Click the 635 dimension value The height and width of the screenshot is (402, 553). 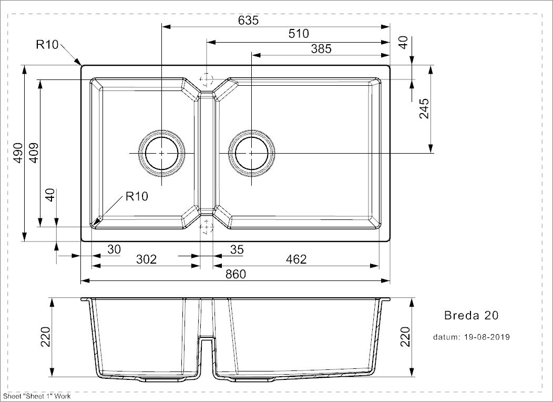pyautogui.click(x=248, y=20)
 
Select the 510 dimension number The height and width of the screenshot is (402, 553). pyautogui.click(x=299, y=34)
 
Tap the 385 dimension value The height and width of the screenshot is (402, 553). pyautogui.click(x=321, y=49)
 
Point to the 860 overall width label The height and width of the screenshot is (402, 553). pyautogui.click(x=235, y=274)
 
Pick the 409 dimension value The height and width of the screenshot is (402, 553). pyautogui.click(x=34, y=153)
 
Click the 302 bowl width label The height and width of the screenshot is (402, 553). pyautogui.click(x=146, y=259)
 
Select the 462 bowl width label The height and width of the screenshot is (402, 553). pyautogui.click(x=296, y=259)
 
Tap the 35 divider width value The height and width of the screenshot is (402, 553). pyautogui.click(x=237, y=249)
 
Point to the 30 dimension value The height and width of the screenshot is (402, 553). pyautogui.click(x=114, y=249)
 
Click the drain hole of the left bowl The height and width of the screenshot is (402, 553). pyautogui.click(x=161, y=153)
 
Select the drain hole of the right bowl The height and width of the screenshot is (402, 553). pyautogui.click(x=251, y=153)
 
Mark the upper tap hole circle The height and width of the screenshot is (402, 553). pyautogui.click(x=207, y=79)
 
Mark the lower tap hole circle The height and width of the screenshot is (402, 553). pyautogui.click(x=207, y=227)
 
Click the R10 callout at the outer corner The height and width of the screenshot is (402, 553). pyautogui.click(x=47, y=45)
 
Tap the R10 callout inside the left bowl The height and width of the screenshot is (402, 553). pyautogui.click(x=137, y=196)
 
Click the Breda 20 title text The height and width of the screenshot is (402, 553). pyautogui.click(x=471, y=315)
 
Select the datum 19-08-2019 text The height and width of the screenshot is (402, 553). pyautogui.click(x=472, y=337)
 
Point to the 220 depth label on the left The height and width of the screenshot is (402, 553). pyautogui.click(x=46, y=337)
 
